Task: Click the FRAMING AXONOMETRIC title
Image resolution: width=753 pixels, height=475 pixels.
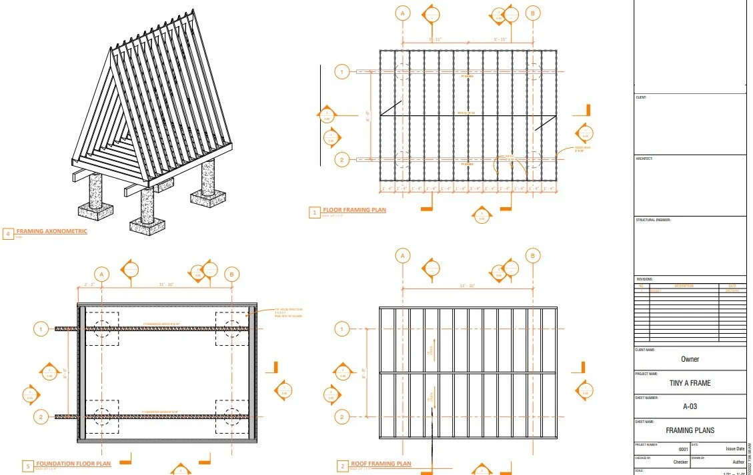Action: click(51, 231)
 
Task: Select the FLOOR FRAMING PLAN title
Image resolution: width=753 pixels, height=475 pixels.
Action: click(354, 211)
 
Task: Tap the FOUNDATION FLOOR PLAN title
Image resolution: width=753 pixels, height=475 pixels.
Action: click(73, 464)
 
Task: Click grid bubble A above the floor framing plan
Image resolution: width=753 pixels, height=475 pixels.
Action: click(402, 13)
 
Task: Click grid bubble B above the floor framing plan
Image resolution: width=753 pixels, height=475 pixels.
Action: click(533, 13)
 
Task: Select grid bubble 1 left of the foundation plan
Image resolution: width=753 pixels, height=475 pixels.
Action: click(41, 328)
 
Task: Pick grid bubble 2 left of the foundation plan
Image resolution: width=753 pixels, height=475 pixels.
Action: click(41, 417)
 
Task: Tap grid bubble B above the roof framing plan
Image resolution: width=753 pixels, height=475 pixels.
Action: click(533, 256)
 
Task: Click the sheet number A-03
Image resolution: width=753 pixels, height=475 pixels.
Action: click(690, 406)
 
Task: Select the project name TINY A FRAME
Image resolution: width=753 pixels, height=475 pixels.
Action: click(690, 383)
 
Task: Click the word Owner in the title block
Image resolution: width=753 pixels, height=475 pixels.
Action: click(690, 359)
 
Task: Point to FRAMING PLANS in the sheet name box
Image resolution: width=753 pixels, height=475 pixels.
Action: click(690, 430)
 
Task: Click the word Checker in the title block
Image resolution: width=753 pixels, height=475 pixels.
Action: click(680, 462)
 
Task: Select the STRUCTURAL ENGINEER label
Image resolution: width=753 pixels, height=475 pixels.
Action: click(653, 220)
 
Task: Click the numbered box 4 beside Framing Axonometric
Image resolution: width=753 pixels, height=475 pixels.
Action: click(8, 234)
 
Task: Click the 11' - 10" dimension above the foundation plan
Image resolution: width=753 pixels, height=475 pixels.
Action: click(167, 284)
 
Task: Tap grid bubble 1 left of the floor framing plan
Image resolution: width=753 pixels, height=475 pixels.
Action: click(341, 71)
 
